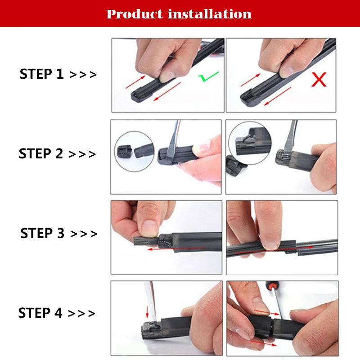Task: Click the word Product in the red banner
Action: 135,14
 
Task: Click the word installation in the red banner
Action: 210,14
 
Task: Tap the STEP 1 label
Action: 41,74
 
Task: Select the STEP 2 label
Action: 41,153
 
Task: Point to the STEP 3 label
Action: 42,233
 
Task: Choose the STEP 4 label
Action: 40,313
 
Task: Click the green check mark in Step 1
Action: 208,76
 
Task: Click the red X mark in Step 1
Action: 319,80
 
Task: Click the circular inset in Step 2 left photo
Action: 134,151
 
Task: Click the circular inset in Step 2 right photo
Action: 250,143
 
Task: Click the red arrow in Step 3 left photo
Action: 175,249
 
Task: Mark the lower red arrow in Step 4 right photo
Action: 263,343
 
